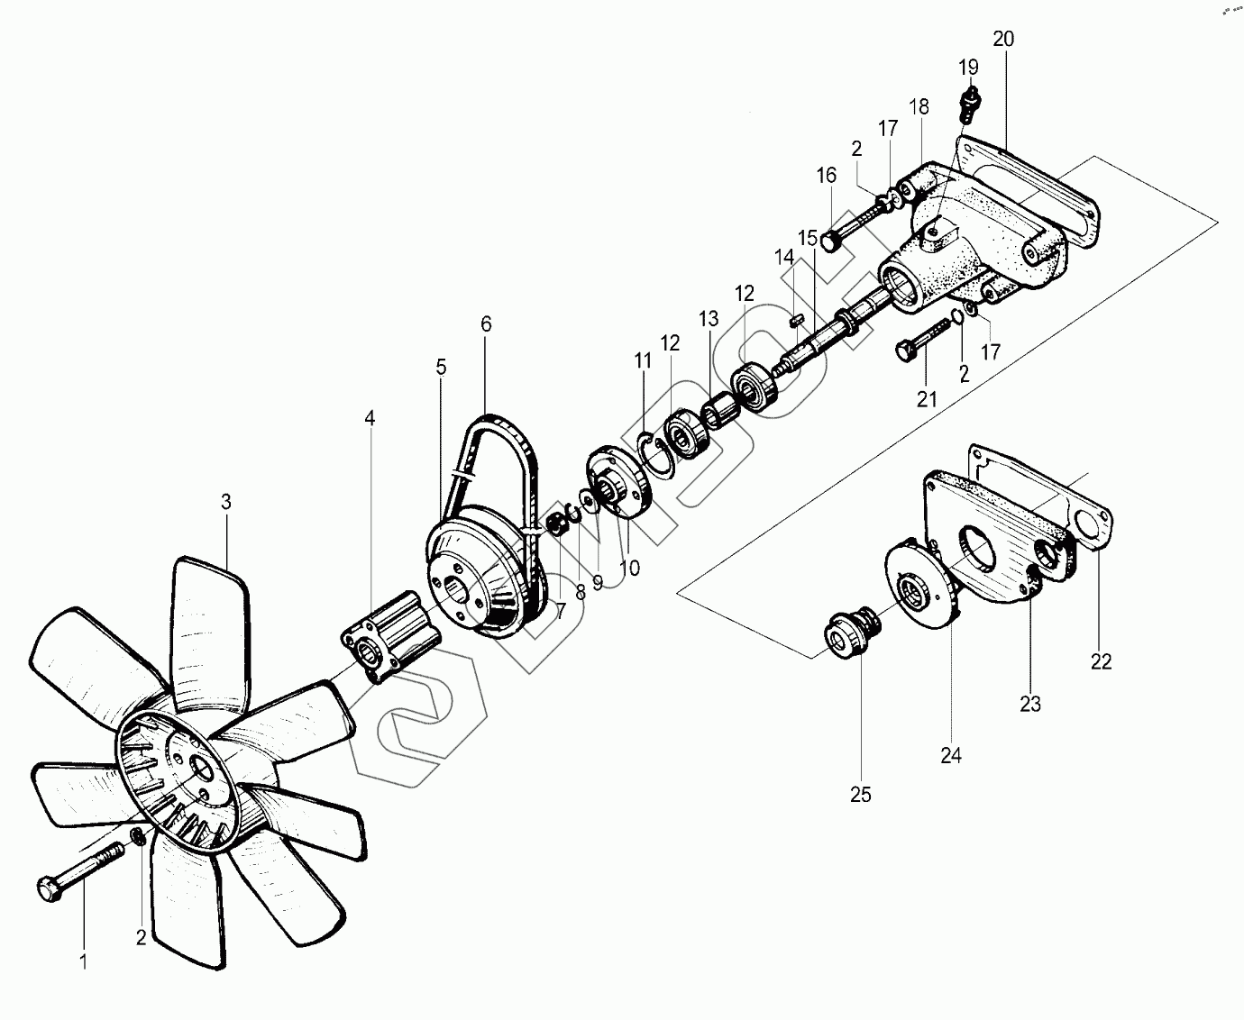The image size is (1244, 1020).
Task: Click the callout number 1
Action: tap(84, 962)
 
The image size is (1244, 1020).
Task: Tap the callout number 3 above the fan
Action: tap(226, 502)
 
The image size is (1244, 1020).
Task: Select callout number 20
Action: tap(1003, 39)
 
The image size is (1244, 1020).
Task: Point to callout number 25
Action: tap(861, 795)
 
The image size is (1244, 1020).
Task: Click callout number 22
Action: tap(1101, 661)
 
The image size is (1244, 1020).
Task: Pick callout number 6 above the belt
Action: tap(486, 323)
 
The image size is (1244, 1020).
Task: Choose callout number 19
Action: tap(968, 67)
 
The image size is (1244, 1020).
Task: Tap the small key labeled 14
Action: tap(793, 317)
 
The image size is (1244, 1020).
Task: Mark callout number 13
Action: tap(709, 318)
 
